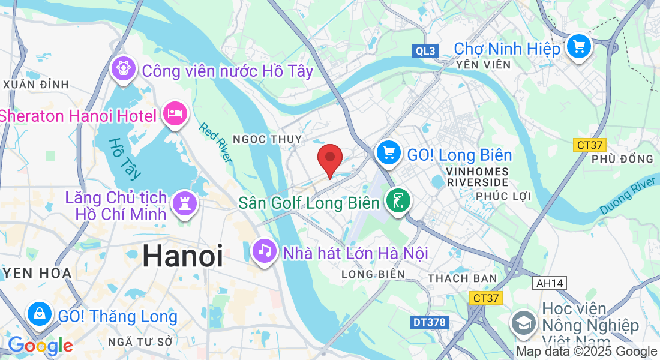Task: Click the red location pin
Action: point(329,158)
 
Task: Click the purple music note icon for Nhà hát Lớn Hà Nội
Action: point(264,250)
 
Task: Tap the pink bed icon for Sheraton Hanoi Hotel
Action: point(175,113)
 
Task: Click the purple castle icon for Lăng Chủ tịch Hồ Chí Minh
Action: point(184,203)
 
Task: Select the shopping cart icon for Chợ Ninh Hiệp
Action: point(578,46)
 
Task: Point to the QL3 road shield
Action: point(426,51)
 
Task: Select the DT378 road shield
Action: point(430,322)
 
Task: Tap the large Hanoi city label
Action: point(182,257)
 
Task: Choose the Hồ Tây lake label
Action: point(125,159)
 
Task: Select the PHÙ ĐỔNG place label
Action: point(622,159)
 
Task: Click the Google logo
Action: point(40,346)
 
